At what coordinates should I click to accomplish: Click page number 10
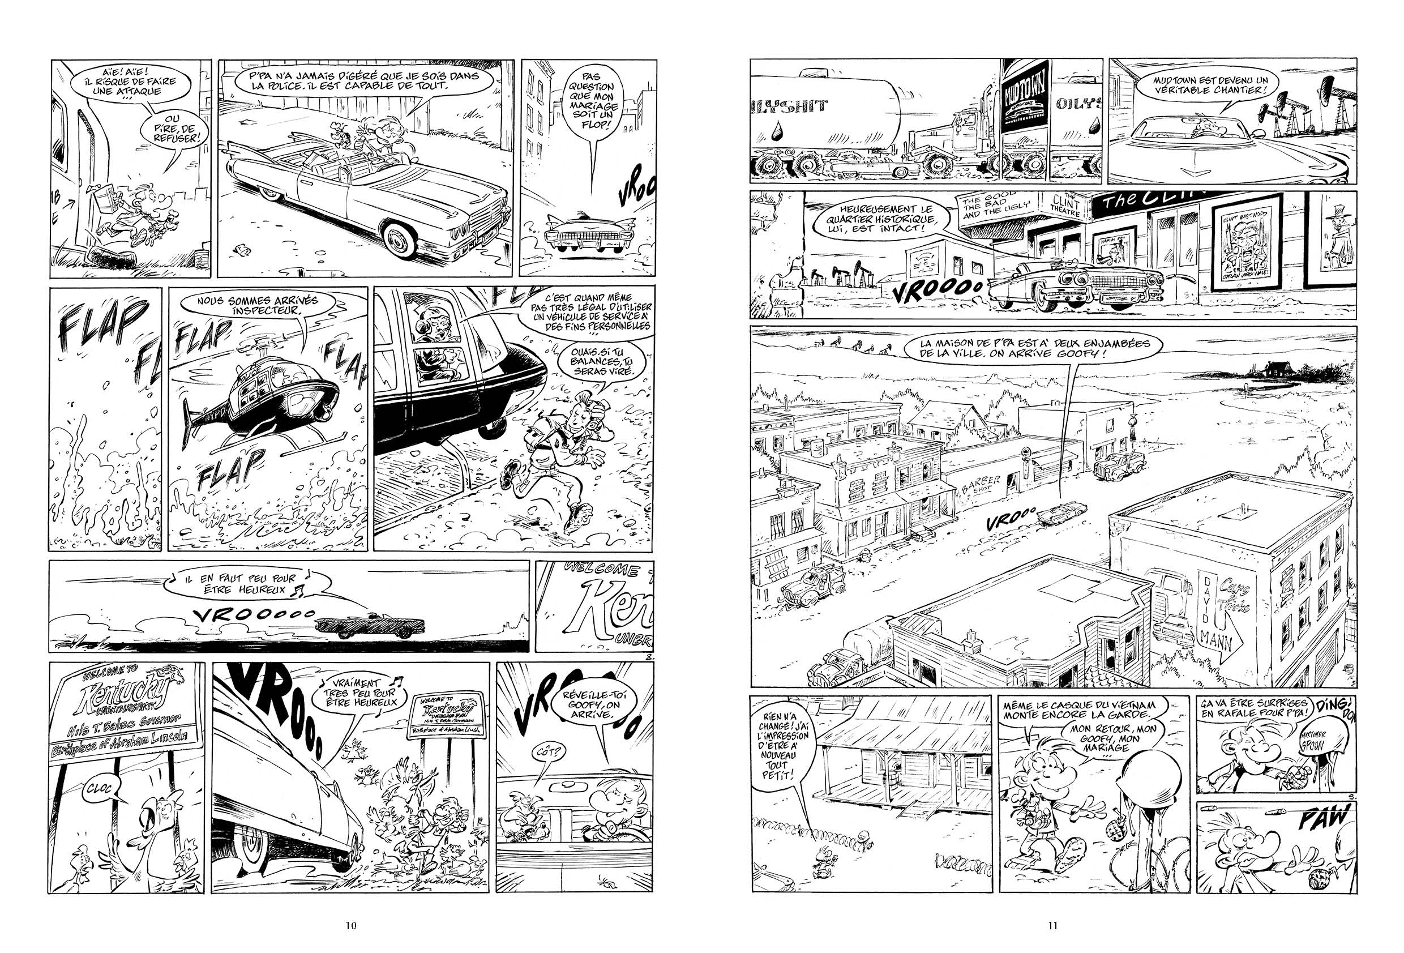[350, 925]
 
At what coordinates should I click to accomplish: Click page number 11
[1053, 925]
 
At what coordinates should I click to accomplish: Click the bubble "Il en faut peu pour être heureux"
[248, 581]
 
